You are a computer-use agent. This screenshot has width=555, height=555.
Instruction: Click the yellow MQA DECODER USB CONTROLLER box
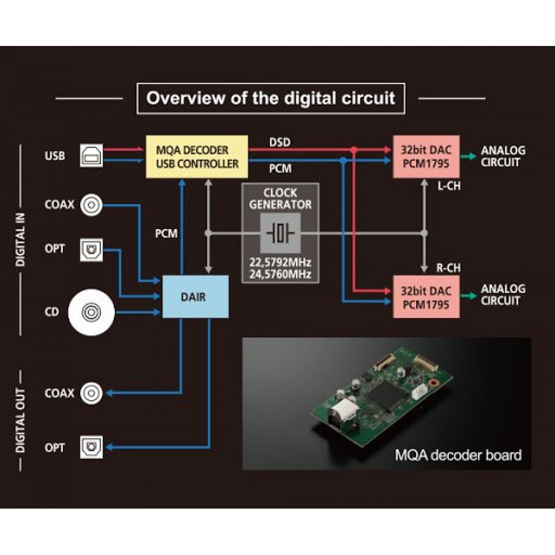(x=197, y=157)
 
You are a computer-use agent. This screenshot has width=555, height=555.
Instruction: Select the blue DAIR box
(x=196, y=297)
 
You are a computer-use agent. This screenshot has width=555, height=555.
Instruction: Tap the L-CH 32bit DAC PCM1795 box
(x=426, y=157)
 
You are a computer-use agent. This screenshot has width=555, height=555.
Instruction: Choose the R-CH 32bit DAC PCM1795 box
(x=426, y=297)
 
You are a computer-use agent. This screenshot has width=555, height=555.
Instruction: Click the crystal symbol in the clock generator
(x=280, y=233)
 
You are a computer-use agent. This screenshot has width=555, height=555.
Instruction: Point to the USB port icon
(x=91, y=156)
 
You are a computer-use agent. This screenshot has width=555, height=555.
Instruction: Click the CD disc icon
(x=91, y=312)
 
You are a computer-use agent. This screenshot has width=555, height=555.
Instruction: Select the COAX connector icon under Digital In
(x=91, y=205)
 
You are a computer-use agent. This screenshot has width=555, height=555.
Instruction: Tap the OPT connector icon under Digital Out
(x=91, y=447)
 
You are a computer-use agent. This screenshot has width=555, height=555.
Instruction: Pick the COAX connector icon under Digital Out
(x=91, y=393)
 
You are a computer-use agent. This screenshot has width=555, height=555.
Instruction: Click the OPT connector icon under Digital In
(x=91, y=250)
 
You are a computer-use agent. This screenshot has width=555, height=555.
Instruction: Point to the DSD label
(x=280, y=142)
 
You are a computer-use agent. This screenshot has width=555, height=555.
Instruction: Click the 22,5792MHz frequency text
(x=280, y=262)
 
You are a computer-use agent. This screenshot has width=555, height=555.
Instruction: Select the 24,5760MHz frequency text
(x=280, y=274)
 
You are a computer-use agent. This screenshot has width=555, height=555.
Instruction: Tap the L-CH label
(x=449, y=186)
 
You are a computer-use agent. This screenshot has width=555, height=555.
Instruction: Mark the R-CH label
(x=448, y=268)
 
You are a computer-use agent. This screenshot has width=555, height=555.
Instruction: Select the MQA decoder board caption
(x=458, y=455)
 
